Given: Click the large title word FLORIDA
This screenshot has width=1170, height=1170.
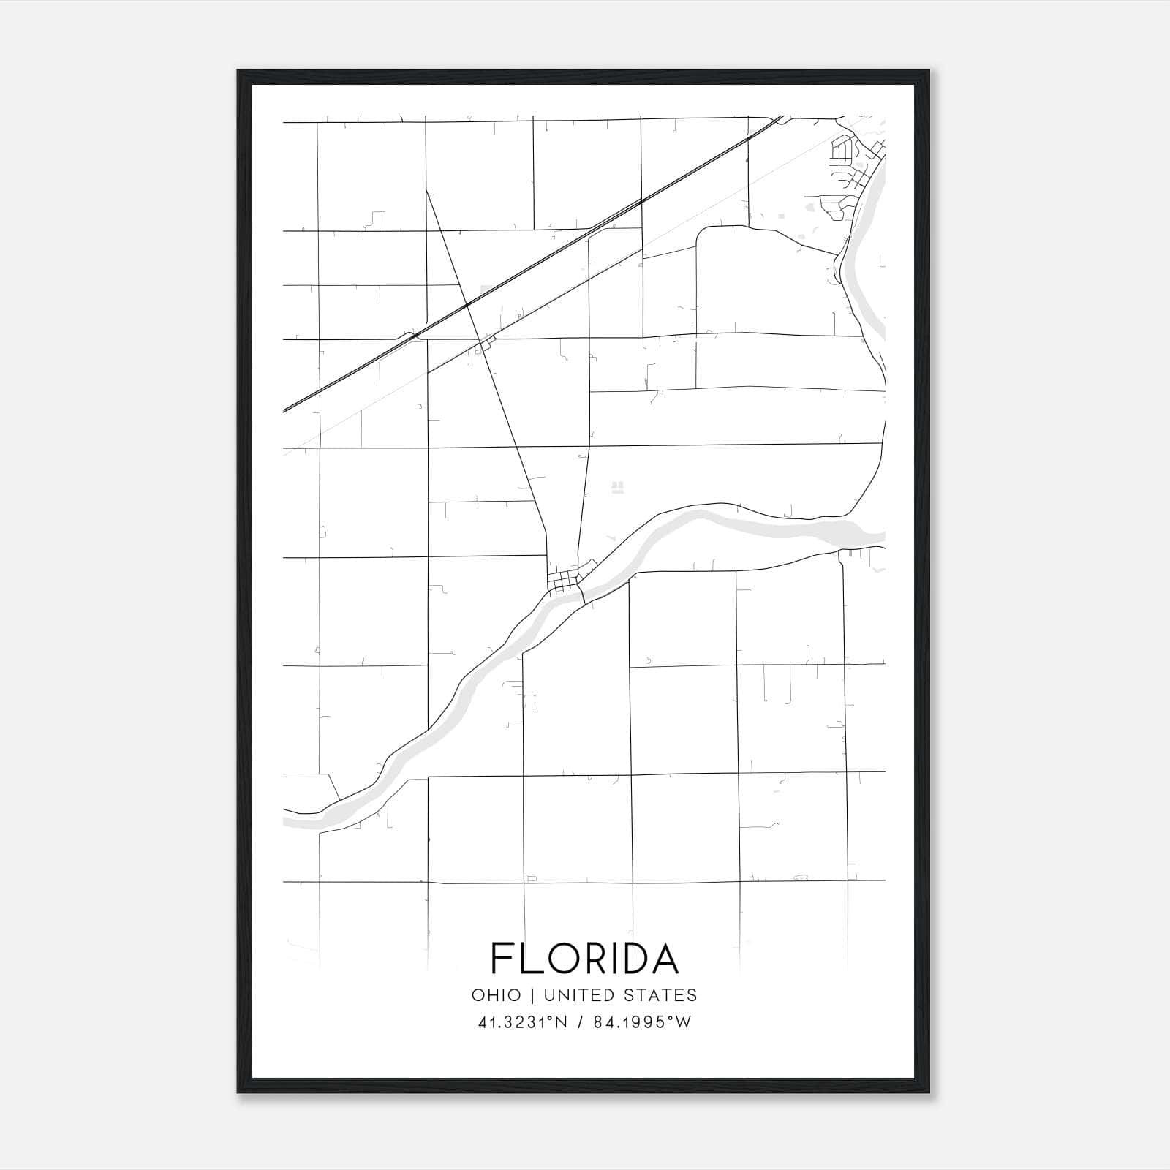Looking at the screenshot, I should tap(584, 959).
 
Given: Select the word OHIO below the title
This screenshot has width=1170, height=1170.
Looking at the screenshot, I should tap(497, 995).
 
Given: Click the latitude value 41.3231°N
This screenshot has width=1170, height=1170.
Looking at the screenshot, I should tap(522, 1022).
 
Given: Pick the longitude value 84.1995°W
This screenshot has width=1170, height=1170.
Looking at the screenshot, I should tap(641, 1022).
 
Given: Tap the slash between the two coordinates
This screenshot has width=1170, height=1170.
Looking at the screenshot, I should tap(579, 1022).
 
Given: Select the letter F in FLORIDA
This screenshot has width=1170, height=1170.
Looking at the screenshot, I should tap(501, 959).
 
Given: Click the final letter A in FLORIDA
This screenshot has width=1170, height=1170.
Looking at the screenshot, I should tap(665, 959).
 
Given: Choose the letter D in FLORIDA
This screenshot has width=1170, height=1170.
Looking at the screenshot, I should tap(633, 959).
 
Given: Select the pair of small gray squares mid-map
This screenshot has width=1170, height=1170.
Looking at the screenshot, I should tap(618, 486).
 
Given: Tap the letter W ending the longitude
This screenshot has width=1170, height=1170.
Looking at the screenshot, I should tap(684, 1022).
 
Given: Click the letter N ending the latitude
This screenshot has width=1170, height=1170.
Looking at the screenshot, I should tap(562, 1022).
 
